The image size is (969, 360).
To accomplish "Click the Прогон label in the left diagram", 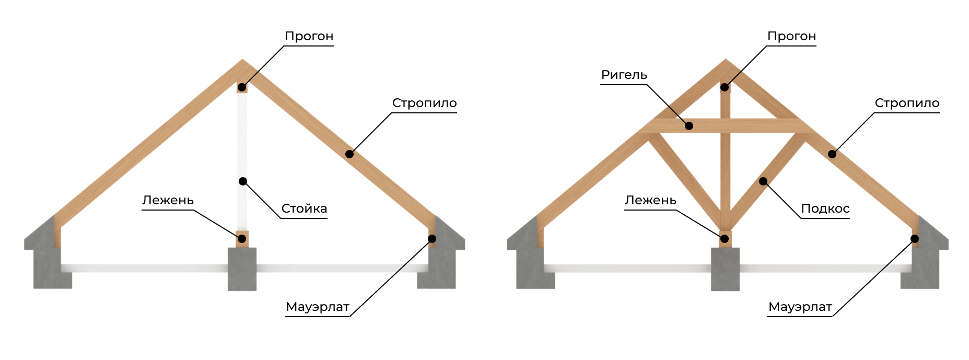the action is [x=309, y=37].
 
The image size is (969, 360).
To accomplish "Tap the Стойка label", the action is [x=304, y=208].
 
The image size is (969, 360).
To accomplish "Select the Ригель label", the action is [x=624, y=75].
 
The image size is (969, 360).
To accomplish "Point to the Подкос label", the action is [x=825, y=209].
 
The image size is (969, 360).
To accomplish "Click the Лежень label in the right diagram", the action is [x=650, y=200].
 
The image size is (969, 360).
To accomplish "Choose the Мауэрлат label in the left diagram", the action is [x=318, y=307].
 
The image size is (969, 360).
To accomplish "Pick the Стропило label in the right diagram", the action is [x=907, y=103].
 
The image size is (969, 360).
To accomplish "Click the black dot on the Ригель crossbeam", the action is [x=689, y=126].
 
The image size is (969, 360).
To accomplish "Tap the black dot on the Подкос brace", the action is [x=763, y=181].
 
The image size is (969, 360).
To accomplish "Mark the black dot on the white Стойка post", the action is [x=243, y=181].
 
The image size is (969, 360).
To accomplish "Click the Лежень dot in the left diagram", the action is [x=241, y=239].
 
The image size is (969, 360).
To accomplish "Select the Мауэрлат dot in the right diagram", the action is [x=915, y=239].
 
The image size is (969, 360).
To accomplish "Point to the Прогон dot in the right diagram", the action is [x=725, y=87].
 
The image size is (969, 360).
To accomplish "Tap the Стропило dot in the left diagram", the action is [x=349, y=154].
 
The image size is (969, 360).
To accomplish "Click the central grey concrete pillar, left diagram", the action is [x=242, y=269].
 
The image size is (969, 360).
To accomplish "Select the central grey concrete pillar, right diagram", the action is [x=725, y=269].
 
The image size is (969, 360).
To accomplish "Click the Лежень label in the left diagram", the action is [x=168, y=200].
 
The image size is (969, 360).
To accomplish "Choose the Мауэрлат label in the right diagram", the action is [x=800, y=307].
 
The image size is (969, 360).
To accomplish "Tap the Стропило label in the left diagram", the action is [x=424, y=103].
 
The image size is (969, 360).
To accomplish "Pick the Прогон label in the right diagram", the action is [x=791, y=37].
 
